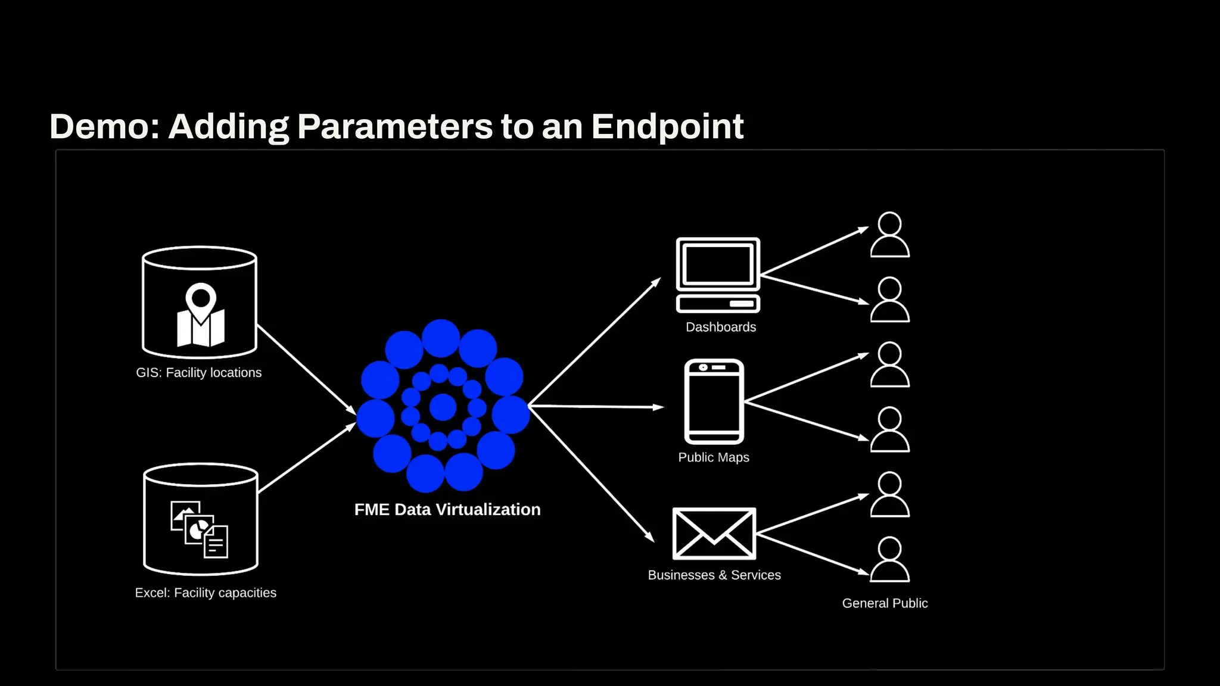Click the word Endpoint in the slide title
click(667, 126)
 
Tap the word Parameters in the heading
click(395, 126)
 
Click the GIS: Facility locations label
click(198, 373)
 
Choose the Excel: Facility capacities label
click(206, 593)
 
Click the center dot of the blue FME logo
click(443, 407)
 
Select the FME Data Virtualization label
click(447, 510)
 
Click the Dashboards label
click(721, 327)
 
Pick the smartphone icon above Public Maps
click(714, 401)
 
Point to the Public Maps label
click(714, 457)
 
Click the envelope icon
click(714, 534)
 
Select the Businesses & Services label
click(714, 575)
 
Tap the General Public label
click(885, 603)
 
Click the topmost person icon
click(889, 235)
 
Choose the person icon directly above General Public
click(889, 559)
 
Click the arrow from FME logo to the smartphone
click(596, 407)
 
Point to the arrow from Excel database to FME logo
click(307, 458)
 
